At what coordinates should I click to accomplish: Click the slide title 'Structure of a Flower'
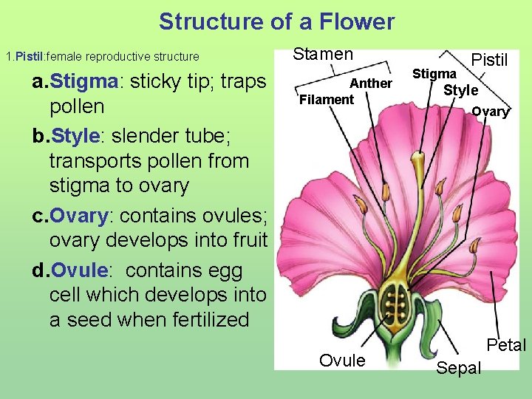coord(276,21)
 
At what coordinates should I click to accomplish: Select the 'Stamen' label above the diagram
coord(323,54)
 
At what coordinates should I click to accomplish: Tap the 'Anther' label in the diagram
coord(370,83)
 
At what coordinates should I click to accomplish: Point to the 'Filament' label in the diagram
coord(327,99)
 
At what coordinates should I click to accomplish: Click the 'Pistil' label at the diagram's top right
coord(489,60)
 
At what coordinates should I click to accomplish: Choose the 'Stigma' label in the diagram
coord(434,74)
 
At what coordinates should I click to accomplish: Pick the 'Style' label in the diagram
coord(460,90)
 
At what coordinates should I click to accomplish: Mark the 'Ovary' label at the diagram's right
coord(490,112)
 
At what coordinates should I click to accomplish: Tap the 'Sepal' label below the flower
coord(458,368)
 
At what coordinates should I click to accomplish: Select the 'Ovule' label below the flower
coord(341,361)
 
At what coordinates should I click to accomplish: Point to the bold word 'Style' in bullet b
coord(75,136)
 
